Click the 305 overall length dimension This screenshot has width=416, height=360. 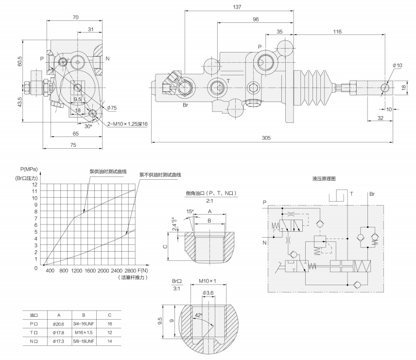266,138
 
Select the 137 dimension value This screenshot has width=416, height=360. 237,7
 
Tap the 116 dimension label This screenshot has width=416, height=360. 337,32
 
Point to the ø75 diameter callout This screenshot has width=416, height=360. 112,107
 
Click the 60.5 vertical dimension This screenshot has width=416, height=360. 20,62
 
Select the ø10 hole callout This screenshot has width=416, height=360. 398,66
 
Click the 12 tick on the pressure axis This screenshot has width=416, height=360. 35,185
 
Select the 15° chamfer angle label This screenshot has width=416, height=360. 190,211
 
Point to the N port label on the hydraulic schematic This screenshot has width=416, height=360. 264,242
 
